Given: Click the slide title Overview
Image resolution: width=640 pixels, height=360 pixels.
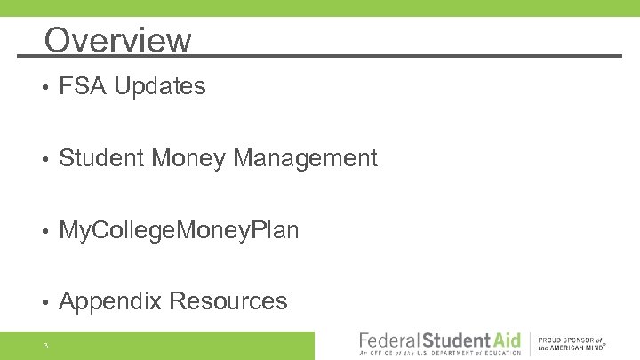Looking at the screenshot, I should [x=117, y=40].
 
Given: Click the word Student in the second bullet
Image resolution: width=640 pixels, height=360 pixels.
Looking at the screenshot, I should [x=102, y=158].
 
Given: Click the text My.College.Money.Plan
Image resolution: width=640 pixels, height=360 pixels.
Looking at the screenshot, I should [x=179, y=231].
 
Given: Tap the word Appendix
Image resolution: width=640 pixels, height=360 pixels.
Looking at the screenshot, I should [x=109, y=302].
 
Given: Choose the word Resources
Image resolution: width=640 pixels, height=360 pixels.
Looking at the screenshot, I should [x=228, y=302].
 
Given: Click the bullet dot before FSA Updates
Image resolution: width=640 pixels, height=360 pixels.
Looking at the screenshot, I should [x=44, y=87].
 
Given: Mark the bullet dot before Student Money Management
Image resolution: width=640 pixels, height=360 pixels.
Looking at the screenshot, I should [x=44, y=159].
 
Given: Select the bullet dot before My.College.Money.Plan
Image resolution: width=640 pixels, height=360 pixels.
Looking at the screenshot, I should [x=44, y=231].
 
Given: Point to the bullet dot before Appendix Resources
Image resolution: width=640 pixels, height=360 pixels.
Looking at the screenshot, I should [x=44, y=303].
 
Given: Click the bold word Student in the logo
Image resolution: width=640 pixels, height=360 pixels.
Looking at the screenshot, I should [x=456, y=340].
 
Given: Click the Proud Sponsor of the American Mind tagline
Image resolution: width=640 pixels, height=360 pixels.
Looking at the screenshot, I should [x=571, y=344].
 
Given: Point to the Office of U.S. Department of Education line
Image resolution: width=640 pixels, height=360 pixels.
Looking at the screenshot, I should [x=439, y=354].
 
